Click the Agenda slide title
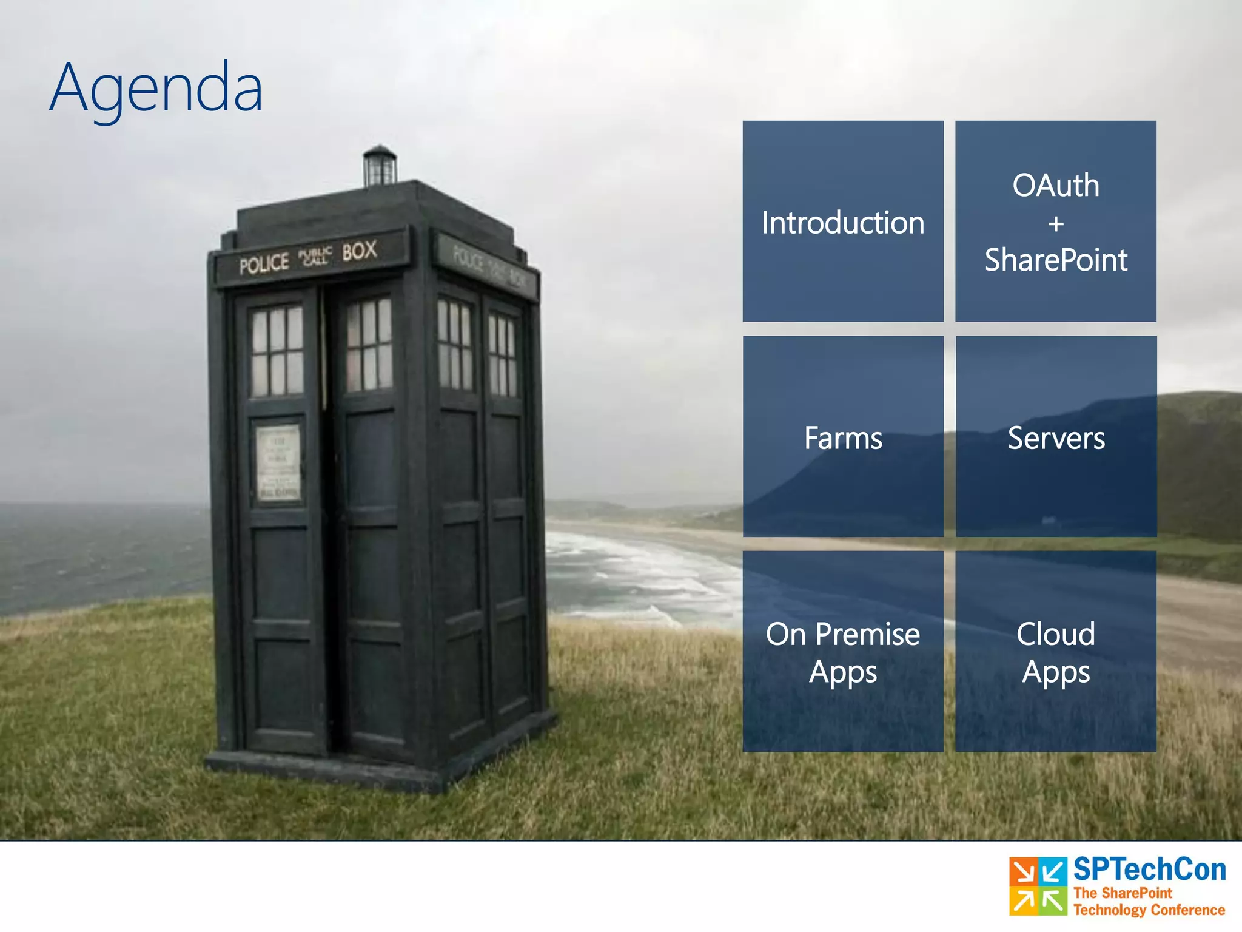[x=156, y=88]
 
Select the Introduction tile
[x=843, y=222]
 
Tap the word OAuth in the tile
[x=1055, y=185]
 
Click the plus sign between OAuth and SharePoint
[x=1056, y=224]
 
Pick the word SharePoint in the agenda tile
[x=1055, y=260]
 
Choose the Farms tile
[x=843, y=437]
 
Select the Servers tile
[x=1056, y=437]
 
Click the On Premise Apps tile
[x=843, y=652]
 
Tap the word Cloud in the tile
[x=1056, y=634]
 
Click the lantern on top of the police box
[x=380, y=165]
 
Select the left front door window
[x=277, y=351]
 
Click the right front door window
[x=369, y=344]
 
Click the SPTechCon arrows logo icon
[x=1038, y=886]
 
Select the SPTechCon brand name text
[x=1149, y=870]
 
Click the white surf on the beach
[x=625, y=570]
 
